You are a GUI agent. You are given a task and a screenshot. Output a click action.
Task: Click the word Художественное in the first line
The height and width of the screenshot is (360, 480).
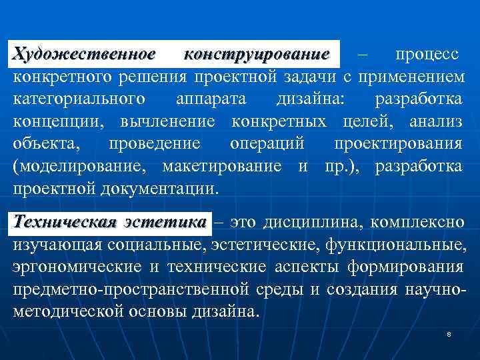point(85,53)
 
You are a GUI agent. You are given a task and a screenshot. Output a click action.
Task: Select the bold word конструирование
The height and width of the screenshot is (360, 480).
point(257,53)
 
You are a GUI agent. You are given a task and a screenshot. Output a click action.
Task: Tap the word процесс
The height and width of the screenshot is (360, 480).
point(427,53)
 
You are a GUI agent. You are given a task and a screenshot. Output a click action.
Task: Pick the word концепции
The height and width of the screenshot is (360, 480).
point(59,122)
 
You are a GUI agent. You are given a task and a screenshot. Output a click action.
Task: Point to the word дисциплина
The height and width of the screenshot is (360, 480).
point(317,221)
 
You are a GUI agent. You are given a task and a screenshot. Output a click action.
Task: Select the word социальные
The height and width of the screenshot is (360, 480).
point(156,245)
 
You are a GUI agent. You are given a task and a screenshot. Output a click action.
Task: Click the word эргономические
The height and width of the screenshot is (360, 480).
point(77,267)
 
